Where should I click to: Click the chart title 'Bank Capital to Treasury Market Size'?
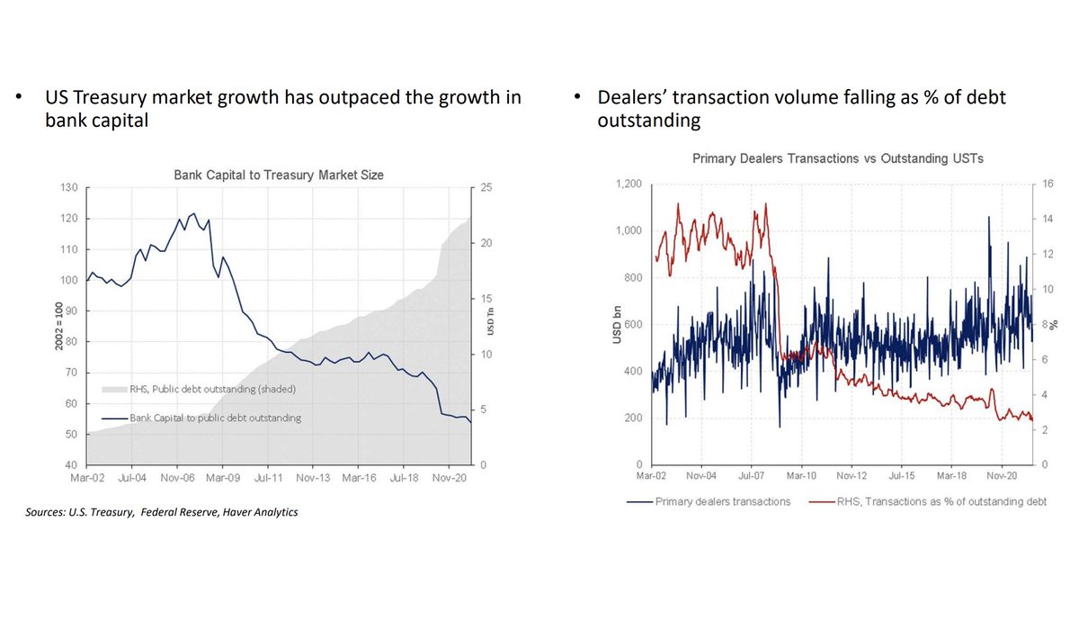(x=278, y=175)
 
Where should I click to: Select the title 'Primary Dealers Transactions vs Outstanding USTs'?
(x=838, y=158)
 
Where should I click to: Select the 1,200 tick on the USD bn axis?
(x=627, y=184)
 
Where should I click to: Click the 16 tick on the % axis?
(x=1045, y=184)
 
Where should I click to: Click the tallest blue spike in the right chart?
(x=989, y=218)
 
